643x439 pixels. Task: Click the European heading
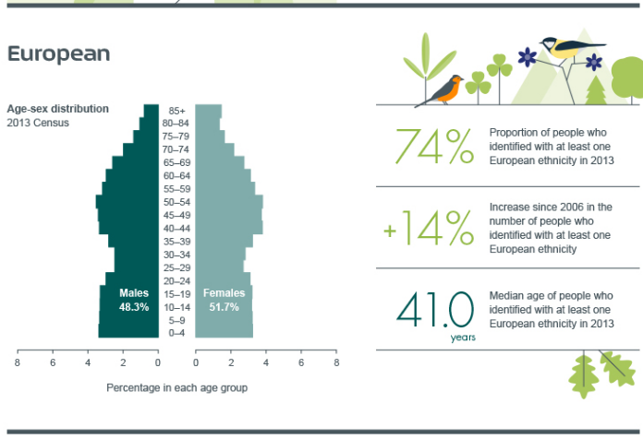click(58, 54)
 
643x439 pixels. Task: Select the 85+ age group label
click(176, 111)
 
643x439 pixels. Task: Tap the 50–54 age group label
click(176, 202)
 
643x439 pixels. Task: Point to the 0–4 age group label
click(176, 333)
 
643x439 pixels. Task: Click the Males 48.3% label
click(134, 300)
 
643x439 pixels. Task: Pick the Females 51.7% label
click(224, 300)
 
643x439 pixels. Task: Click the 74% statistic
click(434, 147)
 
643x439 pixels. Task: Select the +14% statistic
click(429, 228)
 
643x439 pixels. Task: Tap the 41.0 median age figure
click(435, 310)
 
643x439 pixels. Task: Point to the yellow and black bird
click(572, 47)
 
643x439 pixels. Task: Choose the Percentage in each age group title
click(176, 387)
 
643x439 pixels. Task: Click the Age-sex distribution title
click(58, 109)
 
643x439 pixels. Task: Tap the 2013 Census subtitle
click(38, 123)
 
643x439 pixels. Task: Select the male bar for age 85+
click(152, 111)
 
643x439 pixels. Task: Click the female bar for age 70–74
click(214, 149)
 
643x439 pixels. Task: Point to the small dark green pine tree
click(596, 90)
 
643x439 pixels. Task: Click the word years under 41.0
click(463, 338)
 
